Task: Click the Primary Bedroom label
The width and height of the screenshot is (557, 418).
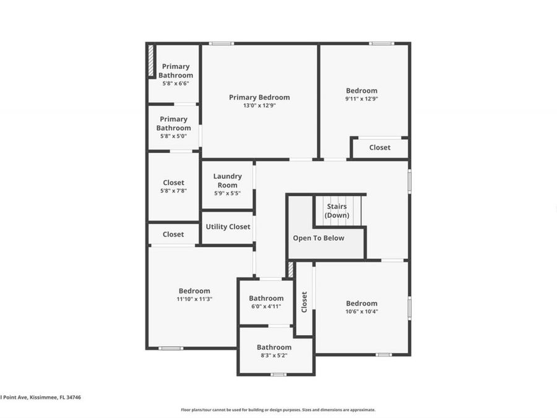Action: pos(259,97)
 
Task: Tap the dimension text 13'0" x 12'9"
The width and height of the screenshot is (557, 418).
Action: pos(259,105)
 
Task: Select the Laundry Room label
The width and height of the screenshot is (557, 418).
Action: pos(227,181)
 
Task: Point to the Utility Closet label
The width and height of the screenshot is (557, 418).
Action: pos(228,227)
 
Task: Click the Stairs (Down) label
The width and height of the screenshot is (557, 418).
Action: pos(337,211)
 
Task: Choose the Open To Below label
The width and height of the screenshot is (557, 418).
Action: pos(319,238)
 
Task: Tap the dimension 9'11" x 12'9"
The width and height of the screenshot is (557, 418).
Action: pos(361,98)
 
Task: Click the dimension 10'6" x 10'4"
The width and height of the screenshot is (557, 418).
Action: pos(361,311)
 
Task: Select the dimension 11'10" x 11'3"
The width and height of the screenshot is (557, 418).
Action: pos(194,299)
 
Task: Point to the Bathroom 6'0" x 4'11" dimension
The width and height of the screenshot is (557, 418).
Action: pos(266,306)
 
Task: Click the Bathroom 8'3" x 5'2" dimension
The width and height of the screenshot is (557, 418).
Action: pos(274,355)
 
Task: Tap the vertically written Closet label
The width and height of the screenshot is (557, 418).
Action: pos(304,302)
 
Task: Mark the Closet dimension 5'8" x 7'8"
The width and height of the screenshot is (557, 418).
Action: pos(173,191)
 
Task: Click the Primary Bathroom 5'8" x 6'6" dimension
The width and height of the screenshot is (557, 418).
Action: pos(176,83)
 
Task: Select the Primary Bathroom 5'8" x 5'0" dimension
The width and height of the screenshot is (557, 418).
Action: pos(173,136)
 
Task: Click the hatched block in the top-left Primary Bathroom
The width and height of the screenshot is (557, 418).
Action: pos(150,61)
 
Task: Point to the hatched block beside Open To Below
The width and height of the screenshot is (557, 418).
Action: pos(290,269)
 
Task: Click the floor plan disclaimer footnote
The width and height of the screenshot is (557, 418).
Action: pos(278,409)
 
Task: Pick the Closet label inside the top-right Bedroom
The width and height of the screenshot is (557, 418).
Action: pos(379,147)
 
